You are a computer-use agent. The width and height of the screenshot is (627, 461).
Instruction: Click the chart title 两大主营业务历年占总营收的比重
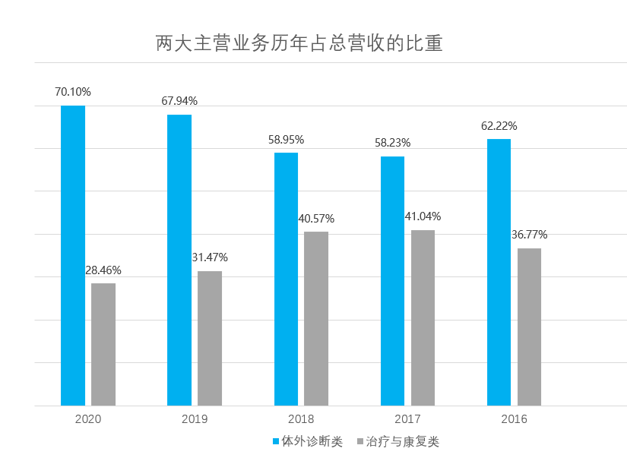click(299, 43)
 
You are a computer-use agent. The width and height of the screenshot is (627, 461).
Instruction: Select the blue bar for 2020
click(73, 255)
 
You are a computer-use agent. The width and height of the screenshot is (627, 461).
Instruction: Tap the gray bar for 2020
click(103, 344)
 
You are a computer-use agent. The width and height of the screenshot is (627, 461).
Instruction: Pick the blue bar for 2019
click(179, 260)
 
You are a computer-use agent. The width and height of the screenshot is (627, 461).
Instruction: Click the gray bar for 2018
click(316, 318)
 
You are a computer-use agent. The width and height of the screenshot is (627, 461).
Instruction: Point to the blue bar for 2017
click(392, 281)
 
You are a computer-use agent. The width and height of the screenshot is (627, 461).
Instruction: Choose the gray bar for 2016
click(529, 327)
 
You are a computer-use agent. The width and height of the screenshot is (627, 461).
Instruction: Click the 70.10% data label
click(73, 92)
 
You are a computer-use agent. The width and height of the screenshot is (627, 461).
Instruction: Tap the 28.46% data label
click(103, 270)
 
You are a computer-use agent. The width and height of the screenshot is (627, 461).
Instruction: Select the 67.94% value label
click(179, 101)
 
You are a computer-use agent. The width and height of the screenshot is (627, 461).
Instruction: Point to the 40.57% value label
click(316, 219)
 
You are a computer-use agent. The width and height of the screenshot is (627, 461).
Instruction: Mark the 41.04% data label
click(423, 216)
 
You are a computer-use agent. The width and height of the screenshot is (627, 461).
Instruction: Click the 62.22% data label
click(499, 126)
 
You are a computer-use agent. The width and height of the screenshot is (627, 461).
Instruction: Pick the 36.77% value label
click(529, 235)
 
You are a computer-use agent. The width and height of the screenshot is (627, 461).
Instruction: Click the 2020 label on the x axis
click(88, 418)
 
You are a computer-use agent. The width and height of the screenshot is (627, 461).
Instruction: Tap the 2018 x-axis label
click(301, 418)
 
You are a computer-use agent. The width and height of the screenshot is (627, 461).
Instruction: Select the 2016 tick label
click(514, 418)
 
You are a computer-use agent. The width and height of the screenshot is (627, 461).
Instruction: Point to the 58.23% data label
click(392, 143)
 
